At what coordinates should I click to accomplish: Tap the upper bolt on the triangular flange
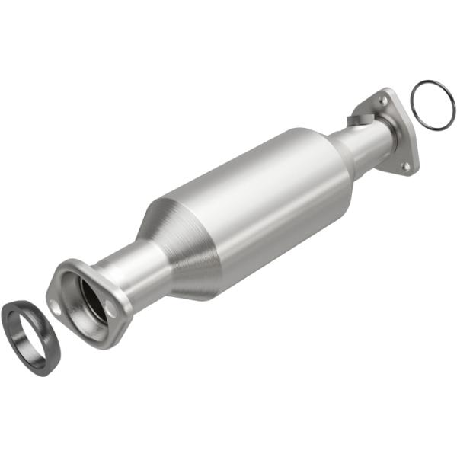pyautogui.click(x=384, y=101)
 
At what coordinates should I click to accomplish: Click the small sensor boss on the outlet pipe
pyautogui.click(x=359, y=120)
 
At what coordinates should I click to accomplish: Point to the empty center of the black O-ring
pyautogui.click(x=433, y=105)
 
